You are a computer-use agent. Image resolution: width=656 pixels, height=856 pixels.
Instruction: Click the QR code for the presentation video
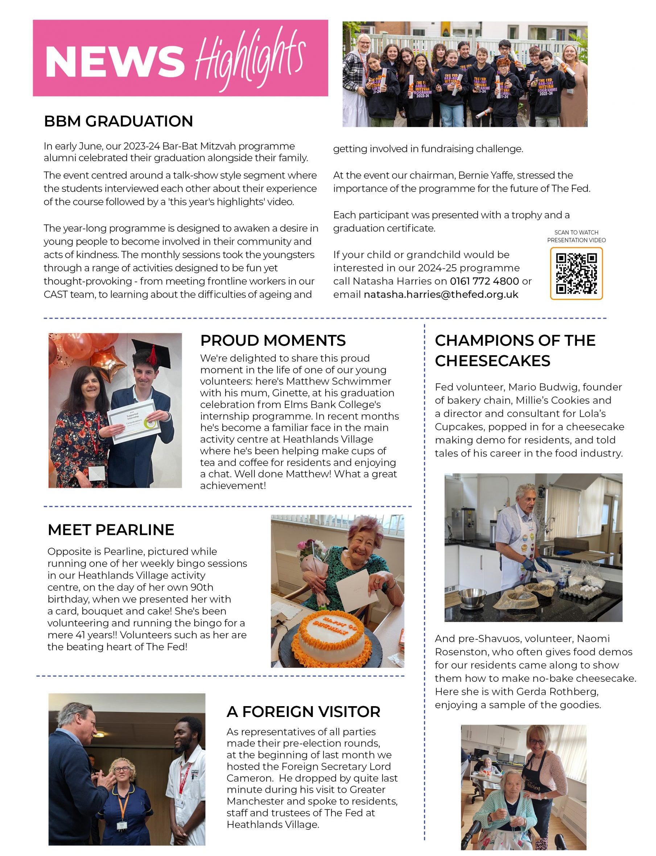(576, 274)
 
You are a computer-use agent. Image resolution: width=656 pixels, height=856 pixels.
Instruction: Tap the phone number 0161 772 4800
(484, 281)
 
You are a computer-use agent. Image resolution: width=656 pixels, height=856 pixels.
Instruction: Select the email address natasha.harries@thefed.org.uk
(441, 295)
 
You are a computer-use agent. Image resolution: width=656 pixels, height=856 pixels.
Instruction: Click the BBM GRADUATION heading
(118, 121)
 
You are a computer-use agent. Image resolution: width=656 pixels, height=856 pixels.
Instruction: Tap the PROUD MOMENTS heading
(273, 340)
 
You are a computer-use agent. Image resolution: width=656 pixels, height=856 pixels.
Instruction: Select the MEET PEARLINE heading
(111, 530)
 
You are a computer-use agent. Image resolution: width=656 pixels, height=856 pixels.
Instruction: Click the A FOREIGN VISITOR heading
(304, 712)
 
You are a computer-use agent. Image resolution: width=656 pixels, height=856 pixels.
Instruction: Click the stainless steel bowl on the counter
(472, 597)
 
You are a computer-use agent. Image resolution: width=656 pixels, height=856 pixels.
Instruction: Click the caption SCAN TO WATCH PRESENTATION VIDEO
(576, 236)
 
